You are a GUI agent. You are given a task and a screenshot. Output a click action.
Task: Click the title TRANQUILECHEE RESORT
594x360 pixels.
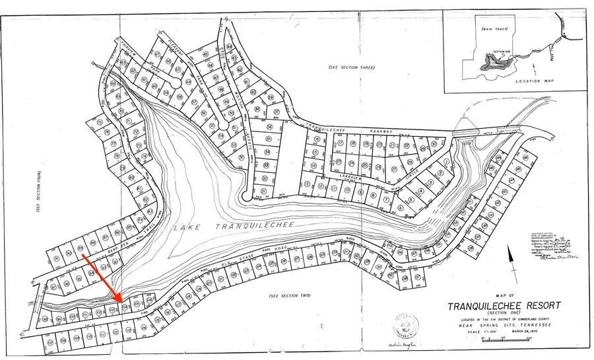(x=504, y=306)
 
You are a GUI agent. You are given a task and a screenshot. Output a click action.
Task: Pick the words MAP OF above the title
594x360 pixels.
(x=504, y=295)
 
